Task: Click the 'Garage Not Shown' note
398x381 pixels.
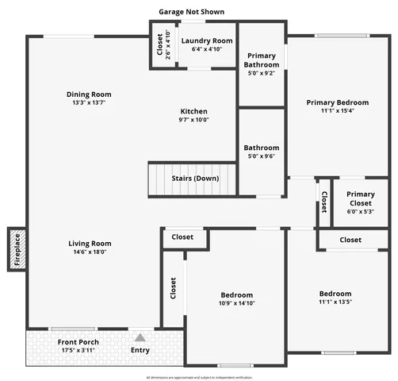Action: click(x=191, y=12)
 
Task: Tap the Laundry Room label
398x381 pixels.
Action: click(x=206, y=40)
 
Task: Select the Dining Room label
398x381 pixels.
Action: click(x=88, y=95)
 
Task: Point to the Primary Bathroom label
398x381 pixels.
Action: click(x=261, y=60)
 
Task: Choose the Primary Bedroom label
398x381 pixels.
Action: click(x=337, y=102)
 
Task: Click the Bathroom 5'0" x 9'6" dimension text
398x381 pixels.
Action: click(x=261, y=157)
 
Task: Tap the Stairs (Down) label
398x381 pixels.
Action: click(x=195, y=178)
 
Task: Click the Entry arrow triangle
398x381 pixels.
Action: click(x=140, y=337)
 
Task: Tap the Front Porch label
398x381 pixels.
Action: click(x=77, y=342)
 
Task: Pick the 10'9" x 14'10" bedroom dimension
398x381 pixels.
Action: click(x=237, y=303)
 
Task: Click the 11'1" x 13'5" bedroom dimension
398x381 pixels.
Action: click(x=335, y=302)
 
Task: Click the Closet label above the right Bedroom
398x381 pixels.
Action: click(x=350, y=240)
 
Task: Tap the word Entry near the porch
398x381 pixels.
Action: click(x=140, y=350)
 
